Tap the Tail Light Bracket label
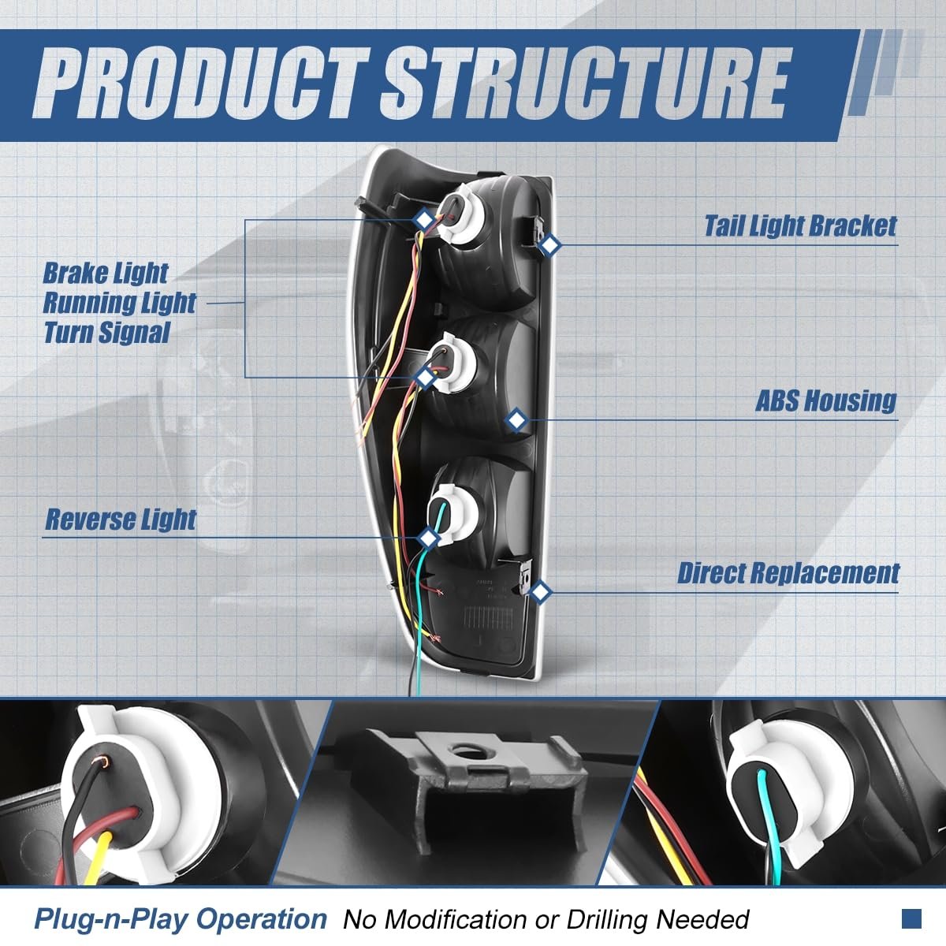(x=800, y=227)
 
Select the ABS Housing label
(x=826, y=401)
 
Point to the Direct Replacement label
(x=788, y=573)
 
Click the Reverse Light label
(x=121, y=520)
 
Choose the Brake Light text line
(x=105, y=274)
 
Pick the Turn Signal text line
(x=106, y=333)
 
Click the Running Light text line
(x=119, y=303)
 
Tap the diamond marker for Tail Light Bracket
(x=549, y=246)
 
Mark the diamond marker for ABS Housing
(x=516, y=419)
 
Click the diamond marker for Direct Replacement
(x=540, y=591)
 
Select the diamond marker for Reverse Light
(x=428, y=538)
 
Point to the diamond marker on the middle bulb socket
(x=425, y=378)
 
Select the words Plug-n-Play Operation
(x=180, y=918)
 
